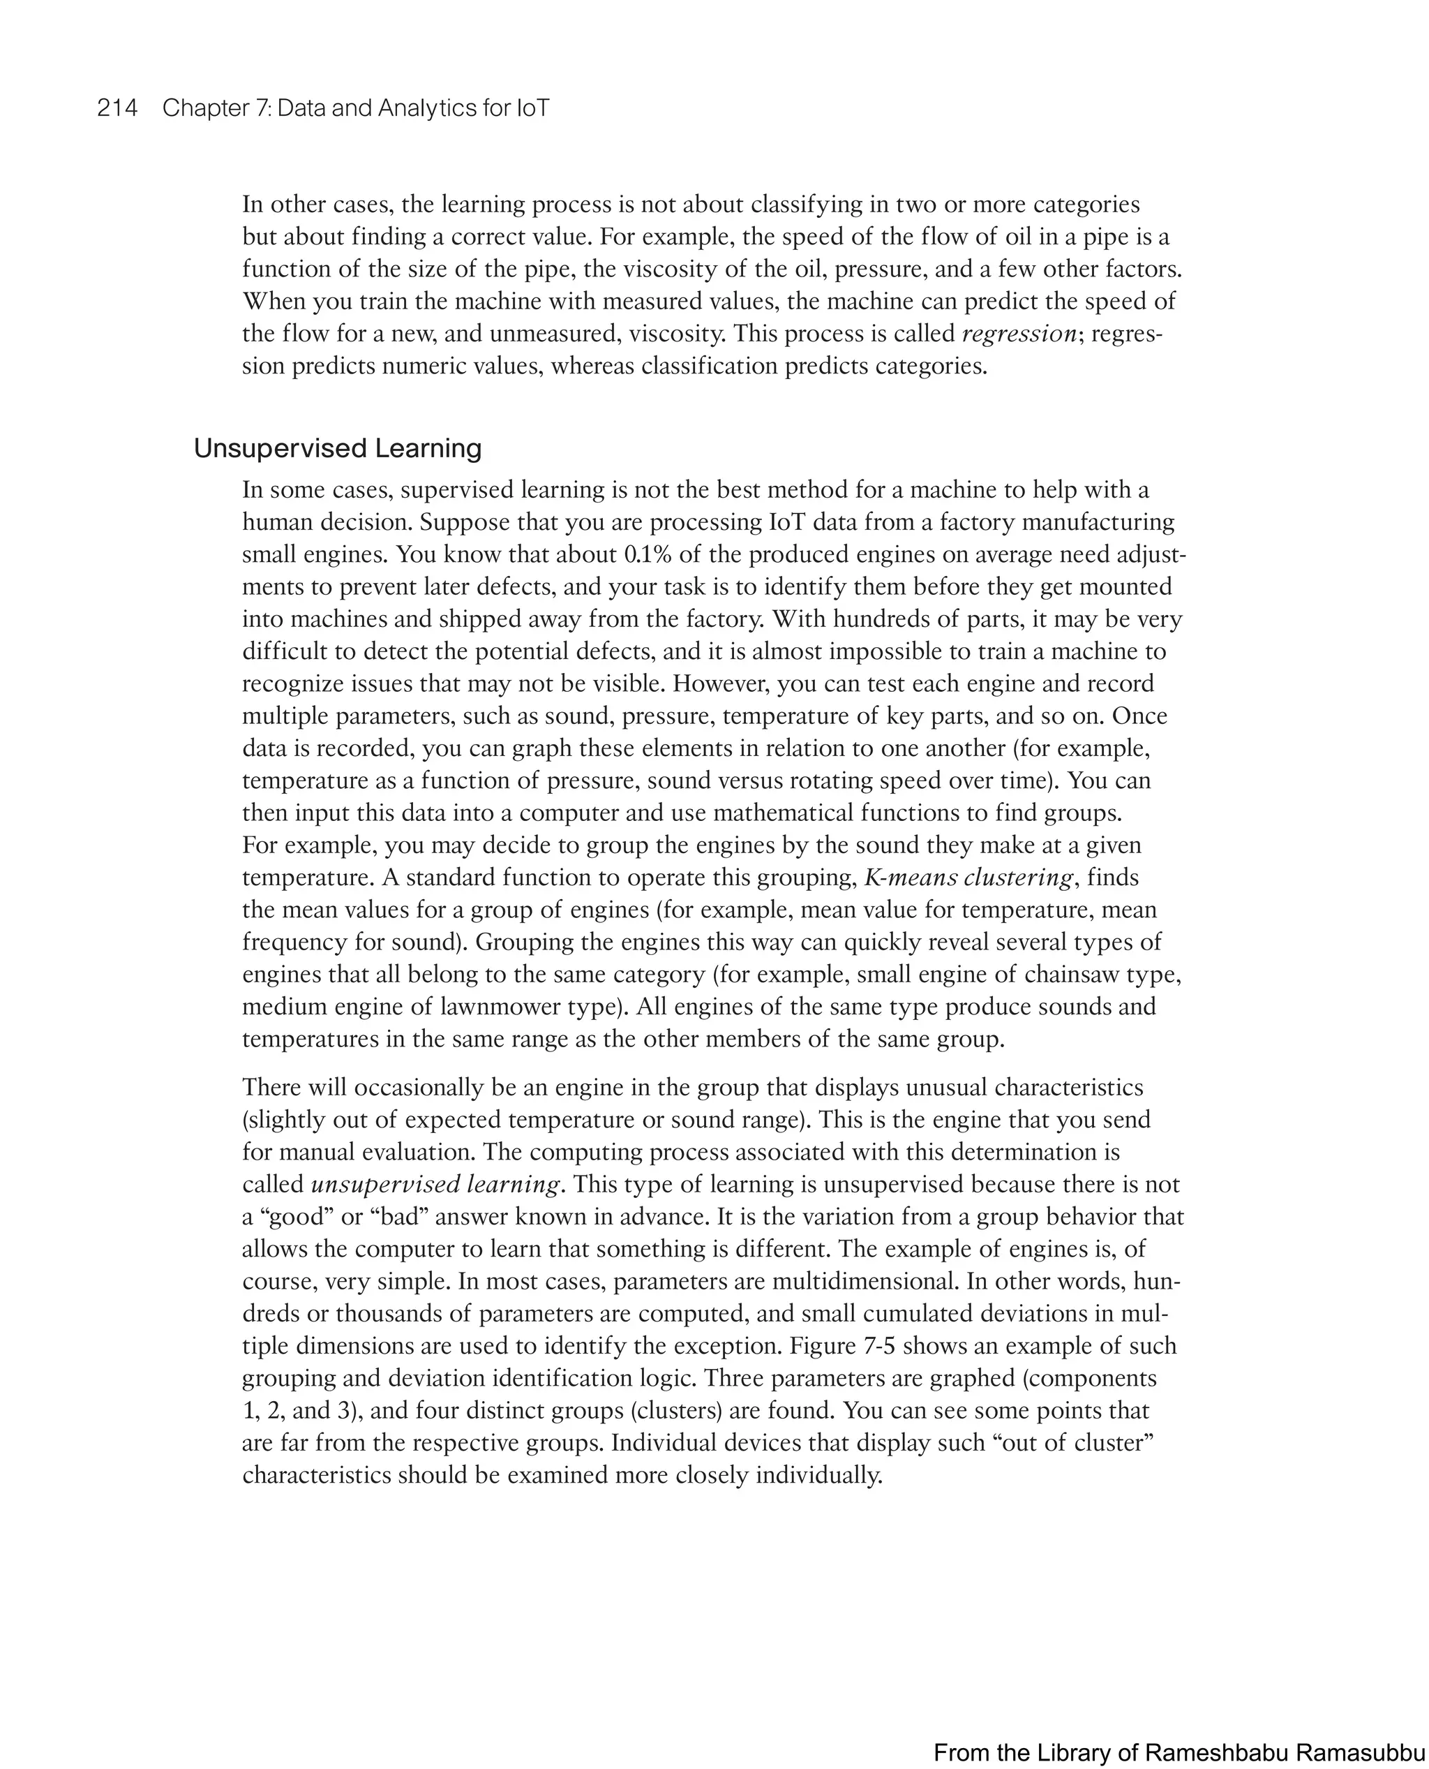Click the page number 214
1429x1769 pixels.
click(118, 108)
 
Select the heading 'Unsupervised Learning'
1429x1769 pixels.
click(338, 449)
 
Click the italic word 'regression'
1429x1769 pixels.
click(1019, 334)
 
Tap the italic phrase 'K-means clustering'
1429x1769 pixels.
click(969, 878)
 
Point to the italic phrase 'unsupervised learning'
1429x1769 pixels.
click(435, 1184)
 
